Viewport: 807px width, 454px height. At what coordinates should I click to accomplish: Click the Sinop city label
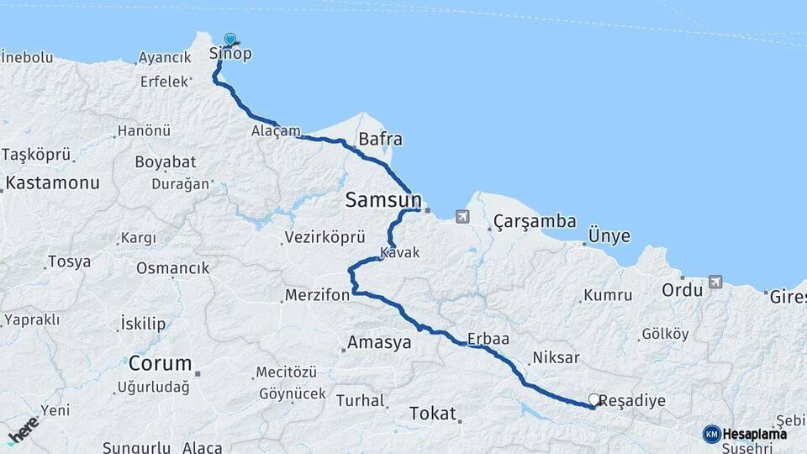(x=230, y=55)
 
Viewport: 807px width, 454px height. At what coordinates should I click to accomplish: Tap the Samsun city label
(x=382, y=200)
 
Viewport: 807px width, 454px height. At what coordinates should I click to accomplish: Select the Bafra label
(x=380, y=140)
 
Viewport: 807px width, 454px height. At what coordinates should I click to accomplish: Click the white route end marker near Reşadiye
(x=594, y=400)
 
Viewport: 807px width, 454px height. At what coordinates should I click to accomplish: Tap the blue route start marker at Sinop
(x=230, y=39)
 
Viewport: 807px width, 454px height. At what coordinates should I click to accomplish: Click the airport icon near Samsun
(x=462, y=217)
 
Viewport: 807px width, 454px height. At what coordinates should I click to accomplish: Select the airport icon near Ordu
(x=715, y=282)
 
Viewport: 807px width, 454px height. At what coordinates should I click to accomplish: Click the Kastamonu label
(x=52, y=182)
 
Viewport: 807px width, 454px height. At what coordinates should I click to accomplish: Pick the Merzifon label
(x=316, y=297)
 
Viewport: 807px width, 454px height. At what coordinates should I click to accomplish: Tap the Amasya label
(x=379, y=343)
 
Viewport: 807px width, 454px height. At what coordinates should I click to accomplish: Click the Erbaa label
(x=490, y=339)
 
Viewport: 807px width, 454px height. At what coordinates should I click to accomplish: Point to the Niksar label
(x=555, y=358)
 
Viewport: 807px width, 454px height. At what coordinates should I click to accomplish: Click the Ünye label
(x=609, y=236)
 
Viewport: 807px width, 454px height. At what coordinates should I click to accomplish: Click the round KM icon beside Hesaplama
(x=712, y=434)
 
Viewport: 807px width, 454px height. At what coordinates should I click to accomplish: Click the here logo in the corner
(x=23, y=430)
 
